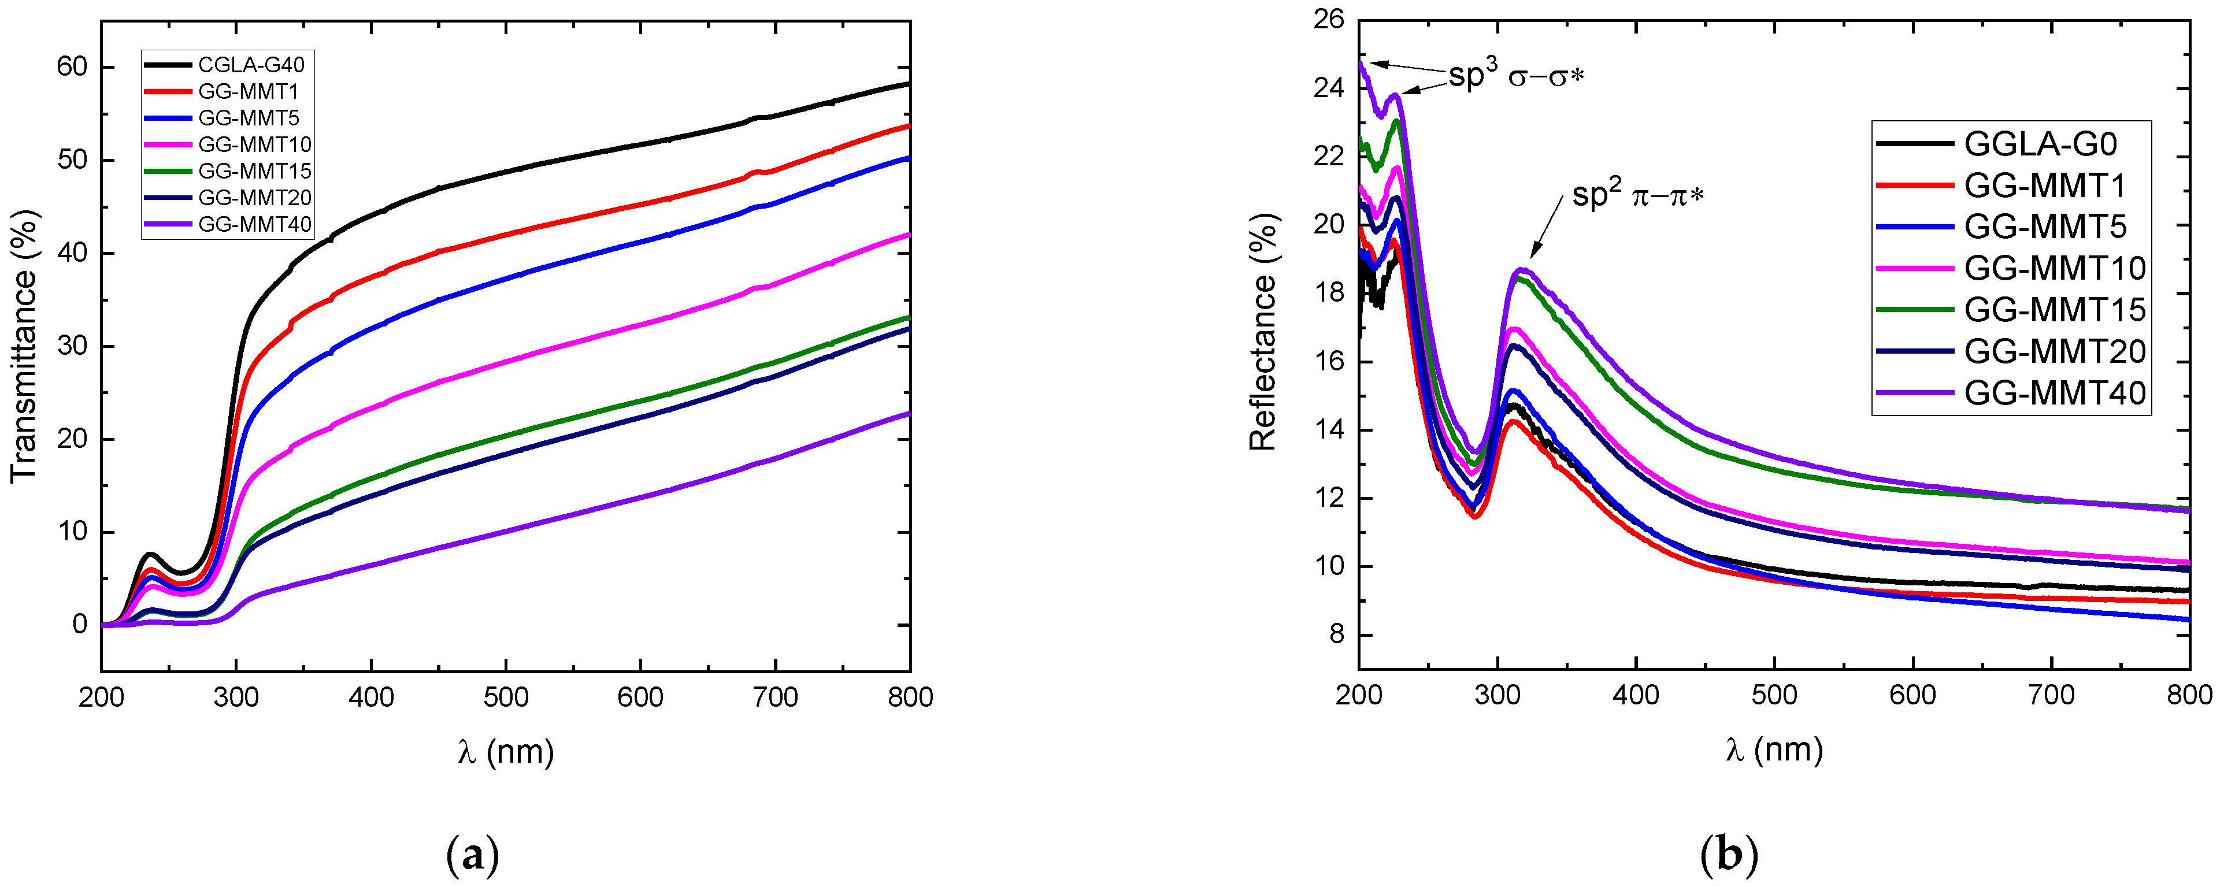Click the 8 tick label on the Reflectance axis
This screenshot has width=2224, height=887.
[1336, 635]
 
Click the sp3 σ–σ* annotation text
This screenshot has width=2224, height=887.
[1516, 76]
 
